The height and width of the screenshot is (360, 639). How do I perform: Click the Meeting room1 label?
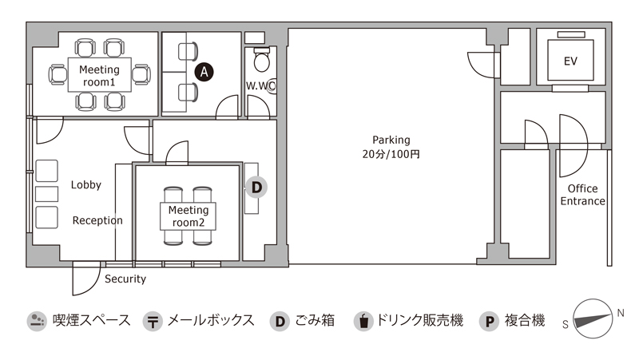point(99,76)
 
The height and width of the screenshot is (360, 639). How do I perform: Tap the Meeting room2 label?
point(189,216)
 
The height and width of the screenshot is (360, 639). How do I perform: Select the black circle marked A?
point(204,72)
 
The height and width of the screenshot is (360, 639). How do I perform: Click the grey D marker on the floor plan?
point(256,188)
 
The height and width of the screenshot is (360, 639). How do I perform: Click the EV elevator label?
point(570,61)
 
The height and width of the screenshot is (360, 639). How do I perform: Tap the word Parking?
point(391,140)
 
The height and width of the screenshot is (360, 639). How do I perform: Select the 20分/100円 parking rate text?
point(391,154)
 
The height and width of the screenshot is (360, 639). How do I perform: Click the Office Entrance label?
point(583,195)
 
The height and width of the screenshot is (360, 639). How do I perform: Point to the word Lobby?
point(86,185)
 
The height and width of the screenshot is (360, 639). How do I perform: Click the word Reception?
point(97,220)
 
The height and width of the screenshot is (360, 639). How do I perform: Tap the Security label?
point(125,279)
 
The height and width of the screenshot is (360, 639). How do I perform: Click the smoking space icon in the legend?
point(37,321)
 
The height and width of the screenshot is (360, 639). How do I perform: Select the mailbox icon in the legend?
point(153,321)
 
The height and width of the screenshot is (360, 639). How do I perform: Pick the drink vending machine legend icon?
point(363,321)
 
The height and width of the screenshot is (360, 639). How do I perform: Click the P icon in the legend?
point(490,321)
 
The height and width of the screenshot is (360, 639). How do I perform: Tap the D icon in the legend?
point(280,321)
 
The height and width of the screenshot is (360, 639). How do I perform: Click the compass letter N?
point(621,313)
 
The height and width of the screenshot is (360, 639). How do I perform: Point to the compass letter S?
point(566,325)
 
